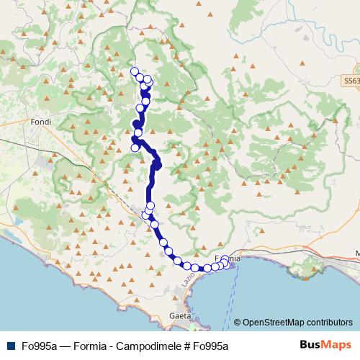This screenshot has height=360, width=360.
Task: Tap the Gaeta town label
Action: tap(180, 315)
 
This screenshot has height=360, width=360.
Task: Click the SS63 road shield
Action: tap(351, 82)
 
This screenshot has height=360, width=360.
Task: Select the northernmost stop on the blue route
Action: tap(134, 71)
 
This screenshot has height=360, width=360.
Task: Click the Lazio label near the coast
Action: tap(188, 277)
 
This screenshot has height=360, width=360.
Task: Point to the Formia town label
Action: tap(229, 257)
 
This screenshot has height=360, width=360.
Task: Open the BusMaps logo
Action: tap(325, 345)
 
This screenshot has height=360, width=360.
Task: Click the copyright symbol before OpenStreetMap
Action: tap(237, 322)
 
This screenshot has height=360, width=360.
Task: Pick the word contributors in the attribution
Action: tap(328, 322)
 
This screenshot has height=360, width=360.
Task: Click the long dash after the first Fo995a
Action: tap(62, 346)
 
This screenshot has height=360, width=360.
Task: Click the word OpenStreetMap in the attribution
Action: tap(273, 322)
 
